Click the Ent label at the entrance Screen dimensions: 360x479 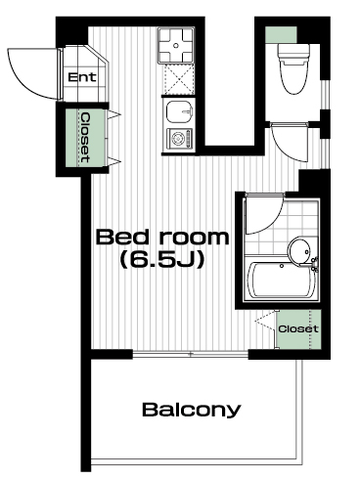[82, 77]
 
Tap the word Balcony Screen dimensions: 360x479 [192, 410]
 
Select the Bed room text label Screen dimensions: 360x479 [162, 237]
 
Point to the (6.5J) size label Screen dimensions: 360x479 [162, 260]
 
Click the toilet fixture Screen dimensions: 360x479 [293, 68]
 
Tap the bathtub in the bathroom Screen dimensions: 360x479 [281, 281]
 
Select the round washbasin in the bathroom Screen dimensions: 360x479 [298, 251]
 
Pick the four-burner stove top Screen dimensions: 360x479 [176, 45]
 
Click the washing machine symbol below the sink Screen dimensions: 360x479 [179, 139]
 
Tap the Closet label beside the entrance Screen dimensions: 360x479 [85, 138]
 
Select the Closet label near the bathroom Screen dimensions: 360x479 [298, 328]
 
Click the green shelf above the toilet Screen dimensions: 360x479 [281, 34]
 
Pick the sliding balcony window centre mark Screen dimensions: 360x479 [191, 354]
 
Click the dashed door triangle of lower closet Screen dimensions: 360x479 [265, 322]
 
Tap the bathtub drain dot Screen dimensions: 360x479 [282, 266]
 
